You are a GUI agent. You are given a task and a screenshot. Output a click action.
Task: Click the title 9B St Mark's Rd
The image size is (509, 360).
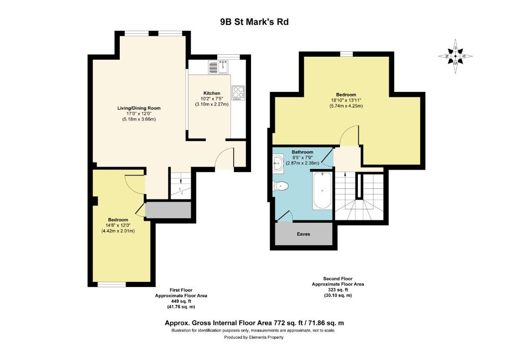(254, 22)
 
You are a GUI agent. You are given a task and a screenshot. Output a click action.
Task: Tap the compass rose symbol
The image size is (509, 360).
(455, 56)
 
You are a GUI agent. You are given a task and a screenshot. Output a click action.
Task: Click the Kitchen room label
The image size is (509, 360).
(212, 93)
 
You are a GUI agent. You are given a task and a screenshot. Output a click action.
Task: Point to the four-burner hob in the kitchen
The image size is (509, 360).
(238, 92)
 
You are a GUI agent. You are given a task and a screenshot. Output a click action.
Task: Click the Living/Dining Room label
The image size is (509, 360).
(139, 108)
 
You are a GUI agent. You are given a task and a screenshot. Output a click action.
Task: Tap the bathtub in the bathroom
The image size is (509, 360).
(322, 190)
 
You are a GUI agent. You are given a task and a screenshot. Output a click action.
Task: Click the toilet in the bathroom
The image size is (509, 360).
(281, 186)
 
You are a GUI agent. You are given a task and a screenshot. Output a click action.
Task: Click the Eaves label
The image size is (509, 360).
(304, 234)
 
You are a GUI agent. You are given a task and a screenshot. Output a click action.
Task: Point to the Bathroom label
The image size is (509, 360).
(302, 152)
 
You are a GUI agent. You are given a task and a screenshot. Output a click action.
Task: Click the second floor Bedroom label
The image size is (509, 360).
(346, 95)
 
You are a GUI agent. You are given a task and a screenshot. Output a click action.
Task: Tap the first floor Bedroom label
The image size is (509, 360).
(118, 220)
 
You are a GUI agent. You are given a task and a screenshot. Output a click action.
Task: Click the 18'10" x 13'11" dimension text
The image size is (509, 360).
(346, 100)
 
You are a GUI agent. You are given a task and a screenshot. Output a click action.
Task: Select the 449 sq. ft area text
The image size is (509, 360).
(181, 301)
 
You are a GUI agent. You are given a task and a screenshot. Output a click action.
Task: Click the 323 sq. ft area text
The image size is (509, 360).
(338, 290)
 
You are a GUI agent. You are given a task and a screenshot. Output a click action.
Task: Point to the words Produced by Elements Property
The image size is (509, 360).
(254, 337)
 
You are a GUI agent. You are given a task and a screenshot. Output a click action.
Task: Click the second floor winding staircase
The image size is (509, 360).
(359, 196)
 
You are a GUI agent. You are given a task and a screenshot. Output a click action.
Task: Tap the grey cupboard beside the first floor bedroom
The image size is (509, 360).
(168, 210)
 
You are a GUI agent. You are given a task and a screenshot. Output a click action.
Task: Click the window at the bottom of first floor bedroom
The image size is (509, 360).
(112, 285)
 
